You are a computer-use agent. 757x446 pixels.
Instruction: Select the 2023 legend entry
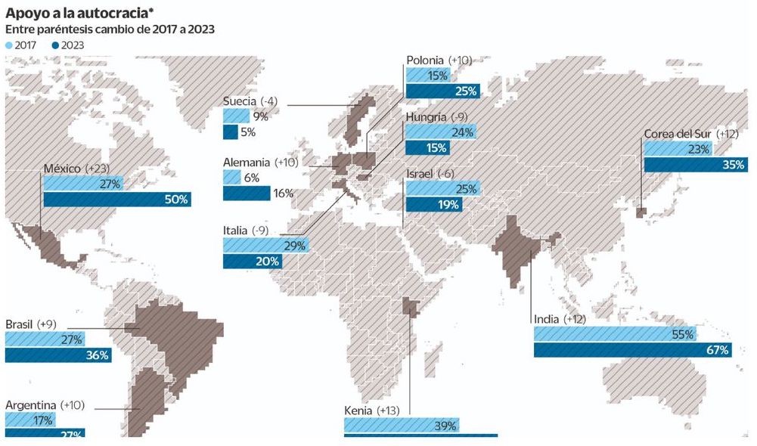pyautogui.click(x=68, y=45)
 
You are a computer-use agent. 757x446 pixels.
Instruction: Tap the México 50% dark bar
pyautogui.click(x=116, y=200)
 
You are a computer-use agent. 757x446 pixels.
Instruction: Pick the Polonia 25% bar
pyautogui.click(x=443, y=91)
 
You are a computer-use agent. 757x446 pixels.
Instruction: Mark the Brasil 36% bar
pyautogui.click(x=57, y=355)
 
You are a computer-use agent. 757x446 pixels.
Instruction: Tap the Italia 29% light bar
pyautogui.click(x=265, y=245)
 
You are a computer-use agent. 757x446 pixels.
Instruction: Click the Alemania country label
pyautogui.click(x=247, y=162)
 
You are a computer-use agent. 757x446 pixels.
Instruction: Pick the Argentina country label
pyautogui.click(x=35, y=405)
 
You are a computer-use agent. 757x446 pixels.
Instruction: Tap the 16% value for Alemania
pyautogui.click(x=283, y=194)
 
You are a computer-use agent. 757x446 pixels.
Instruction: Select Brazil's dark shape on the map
pyautogui.click(x=163, y=340)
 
